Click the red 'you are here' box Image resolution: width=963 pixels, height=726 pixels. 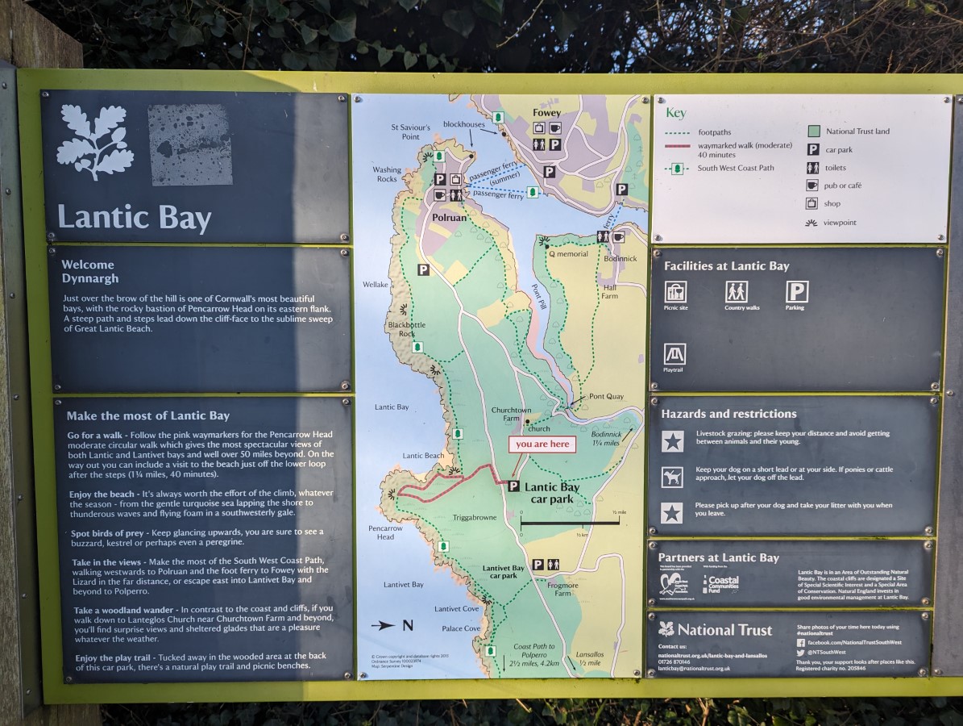pyautogui.click(x=542, y=444)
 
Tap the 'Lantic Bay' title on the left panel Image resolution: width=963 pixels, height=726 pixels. pyautogui.click(x=135, y=218)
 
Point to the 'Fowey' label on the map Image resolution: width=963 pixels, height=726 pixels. pyautogui.click(x=546, y=114)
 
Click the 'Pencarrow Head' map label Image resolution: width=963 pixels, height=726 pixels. pyautogui.click(x=386, y=532)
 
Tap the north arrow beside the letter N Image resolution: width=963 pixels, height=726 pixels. pyautogui.click(x=384, y=625)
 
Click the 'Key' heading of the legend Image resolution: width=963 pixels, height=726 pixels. pyautogui.click(x=675, y=114)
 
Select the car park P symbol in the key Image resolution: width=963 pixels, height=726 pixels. pyautogui.click(x=813, y=149)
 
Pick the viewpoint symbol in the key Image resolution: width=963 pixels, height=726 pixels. pyautogui.click(x=812, y=222)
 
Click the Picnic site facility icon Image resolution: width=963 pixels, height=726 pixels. pyautogui.click(x=675, y=291)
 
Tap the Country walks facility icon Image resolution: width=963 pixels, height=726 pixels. pyautogui.click(x=736, y=291)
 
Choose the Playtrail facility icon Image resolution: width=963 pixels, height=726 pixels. pyautogui.click(x=675, y=354)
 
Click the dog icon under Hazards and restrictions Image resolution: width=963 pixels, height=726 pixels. pyautogui.click(x=672, y=477)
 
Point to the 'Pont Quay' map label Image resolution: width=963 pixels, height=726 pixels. pyautogui.click(x=606, y=396)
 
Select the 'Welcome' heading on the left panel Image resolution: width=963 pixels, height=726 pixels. pyautogui.click(x=88, y=265)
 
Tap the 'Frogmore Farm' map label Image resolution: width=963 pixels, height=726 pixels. pyautogui.click(x=562, y=588)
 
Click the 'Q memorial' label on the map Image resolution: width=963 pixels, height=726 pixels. pyautogui.click(x=568, y=254)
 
